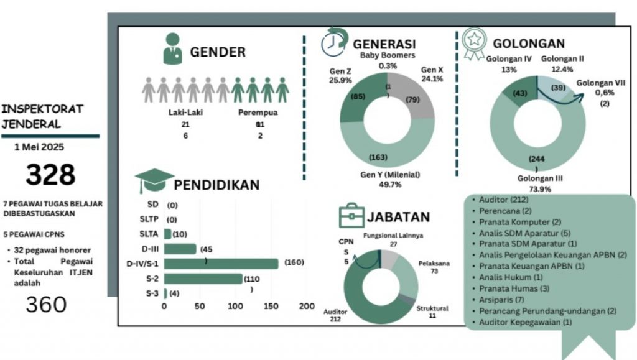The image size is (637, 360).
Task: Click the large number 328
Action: [50, 175]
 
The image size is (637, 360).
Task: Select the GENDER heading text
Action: [218, 52]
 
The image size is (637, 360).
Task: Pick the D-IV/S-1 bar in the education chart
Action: [221, 264]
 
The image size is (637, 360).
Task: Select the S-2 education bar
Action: [203, 279]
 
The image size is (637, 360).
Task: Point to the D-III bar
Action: [180, 249]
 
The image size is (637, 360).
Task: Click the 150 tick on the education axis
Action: [271, 307]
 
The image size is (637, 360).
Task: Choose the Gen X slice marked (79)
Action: [411, 99]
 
